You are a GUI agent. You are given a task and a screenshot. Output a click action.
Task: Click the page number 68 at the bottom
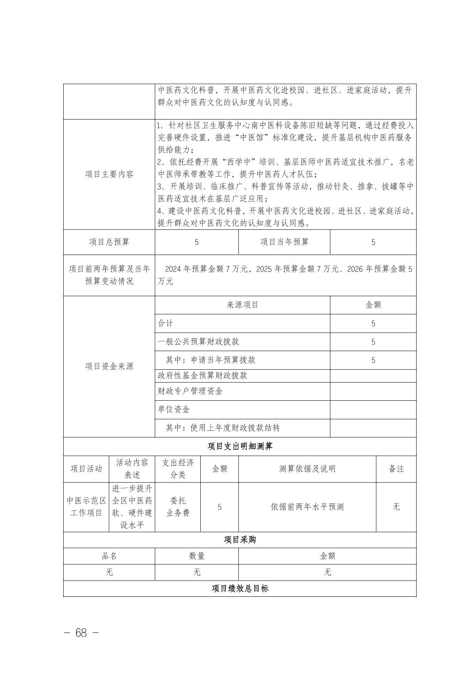[81, 633]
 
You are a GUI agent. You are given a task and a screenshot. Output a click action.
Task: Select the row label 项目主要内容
[109, 174]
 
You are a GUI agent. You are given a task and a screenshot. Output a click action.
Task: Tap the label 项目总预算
[109, 242]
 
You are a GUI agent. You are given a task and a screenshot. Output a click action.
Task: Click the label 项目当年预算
[284, 242]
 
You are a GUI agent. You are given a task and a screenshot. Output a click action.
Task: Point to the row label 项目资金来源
[109, 366]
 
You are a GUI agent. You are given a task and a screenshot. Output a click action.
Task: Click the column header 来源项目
[242, 305]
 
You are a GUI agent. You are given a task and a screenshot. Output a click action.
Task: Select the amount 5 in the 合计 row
[373, 324]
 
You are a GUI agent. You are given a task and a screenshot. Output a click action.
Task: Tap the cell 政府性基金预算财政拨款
[203, 375]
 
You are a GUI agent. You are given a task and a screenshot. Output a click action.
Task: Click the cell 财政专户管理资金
[190, 391]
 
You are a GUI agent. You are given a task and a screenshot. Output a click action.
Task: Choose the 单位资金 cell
[174, 410]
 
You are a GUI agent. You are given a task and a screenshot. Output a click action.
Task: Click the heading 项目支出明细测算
[240, 446]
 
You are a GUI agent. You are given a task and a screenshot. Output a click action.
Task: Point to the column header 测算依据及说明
[307, 469]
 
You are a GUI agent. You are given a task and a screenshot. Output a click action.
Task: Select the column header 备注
[396, 469]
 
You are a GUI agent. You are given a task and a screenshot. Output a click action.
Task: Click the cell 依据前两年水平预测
[307, 507]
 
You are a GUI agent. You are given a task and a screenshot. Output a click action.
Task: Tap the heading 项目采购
[240, 540]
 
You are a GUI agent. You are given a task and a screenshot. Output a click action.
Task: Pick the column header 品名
[109, 556]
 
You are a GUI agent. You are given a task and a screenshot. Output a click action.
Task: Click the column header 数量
[196, 556]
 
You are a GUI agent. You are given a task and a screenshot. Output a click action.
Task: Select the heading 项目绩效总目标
[240, 588]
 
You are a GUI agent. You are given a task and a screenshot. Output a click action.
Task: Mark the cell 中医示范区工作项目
[86, 507]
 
